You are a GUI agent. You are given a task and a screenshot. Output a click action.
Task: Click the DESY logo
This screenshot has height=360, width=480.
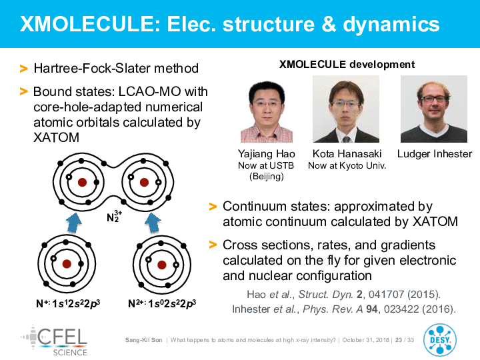click(440, 340)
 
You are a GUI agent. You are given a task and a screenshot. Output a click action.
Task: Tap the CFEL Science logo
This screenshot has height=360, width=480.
click(55, 341)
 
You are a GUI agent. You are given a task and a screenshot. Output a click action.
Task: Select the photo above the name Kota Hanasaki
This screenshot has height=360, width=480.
click(346, 109)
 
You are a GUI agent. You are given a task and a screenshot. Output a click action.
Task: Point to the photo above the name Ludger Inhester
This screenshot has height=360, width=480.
click(434, 109)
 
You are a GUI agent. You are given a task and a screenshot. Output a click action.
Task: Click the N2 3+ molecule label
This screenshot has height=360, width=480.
click(114, 216)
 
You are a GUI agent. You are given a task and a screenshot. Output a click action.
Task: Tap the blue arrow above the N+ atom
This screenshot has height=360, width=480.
click(74, 223)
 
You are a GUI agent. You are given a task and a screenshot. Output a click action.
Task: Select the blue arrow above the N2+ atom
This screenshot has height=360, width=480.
click(153, 223)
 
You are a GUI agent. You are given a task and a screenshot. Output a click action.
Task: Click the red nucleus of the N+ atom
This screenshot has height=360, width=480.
click(67, 264)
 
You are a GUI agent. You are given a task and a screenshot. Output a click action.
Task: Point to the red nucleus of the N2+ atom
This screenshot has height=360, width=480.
click(162, 265)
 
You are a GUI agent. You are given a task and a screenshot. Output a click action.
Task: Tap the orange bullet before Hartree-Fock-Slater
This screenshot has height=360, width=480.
click(23, 68)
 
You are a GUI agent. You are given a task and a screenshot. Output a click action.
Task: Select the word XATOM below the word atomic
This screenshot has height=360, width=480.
click(56, 137)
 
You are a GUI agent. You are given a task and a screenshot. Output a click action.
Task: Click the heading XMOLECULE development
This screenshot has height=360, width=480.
click(347, 65)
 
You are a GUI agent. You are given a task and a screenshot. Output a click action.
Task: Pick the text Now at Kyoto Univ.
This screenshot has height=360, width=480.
click(347, 165)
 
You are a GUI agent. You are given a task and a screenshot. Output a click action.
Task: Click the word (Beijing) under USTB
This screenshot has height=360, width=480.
click(267, 176)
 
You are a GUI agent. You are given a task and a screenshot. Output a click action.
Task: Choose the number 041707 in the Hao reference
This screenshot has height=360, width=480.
click(386, 294)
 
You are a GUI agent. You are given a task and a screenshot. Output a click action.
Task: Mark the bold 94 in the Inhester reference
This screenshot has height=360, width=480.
click(372, 309)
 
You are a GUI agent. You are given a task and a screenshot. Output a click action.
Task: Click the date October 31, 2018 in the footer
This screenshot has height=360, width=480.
click(365, 340)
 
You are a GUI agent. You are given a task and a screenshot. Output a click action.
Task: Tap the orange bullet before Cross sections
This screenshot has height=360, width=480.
click(213, 245)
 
